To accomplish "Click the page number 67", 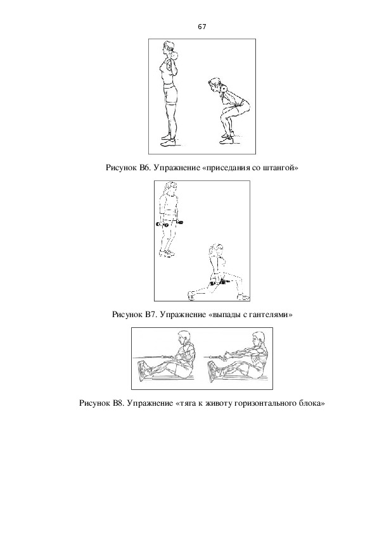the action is pyautogui.click(x=201, y=27).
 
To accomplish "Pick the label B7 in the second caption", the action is pyautogui.click(x=150, y=315).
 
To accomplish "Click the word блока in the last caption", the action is pyautogui.click(x=312, y=403).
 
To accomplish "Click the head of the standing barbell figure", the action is pyautogui.click(x=169, y=47).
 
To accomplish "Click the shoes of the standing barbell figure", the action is pyautogui.click(x=169, y=141).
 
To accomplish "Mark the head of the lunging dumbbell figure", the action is pyautogui.click(x=215, y=250).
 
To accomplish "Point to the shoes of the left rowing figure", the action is pyautogui.click(x=143, y=371).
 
